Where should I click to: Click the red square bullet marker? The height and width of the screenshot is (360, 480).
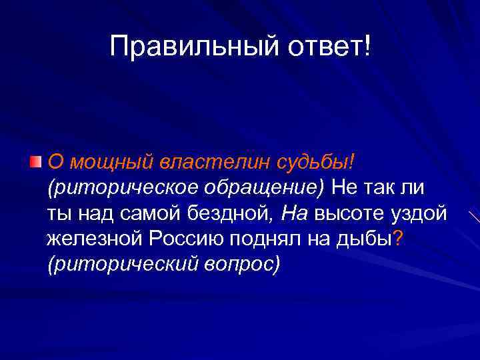[x=36, y=161]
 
